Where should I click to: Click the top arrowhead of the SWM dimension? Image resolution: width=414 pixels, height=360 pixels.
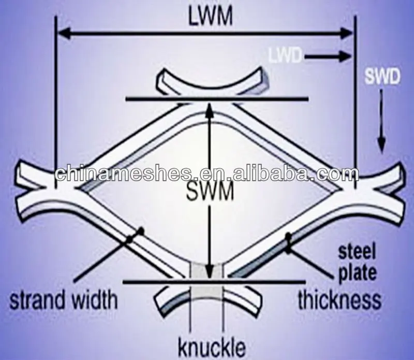click(209, 106)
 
